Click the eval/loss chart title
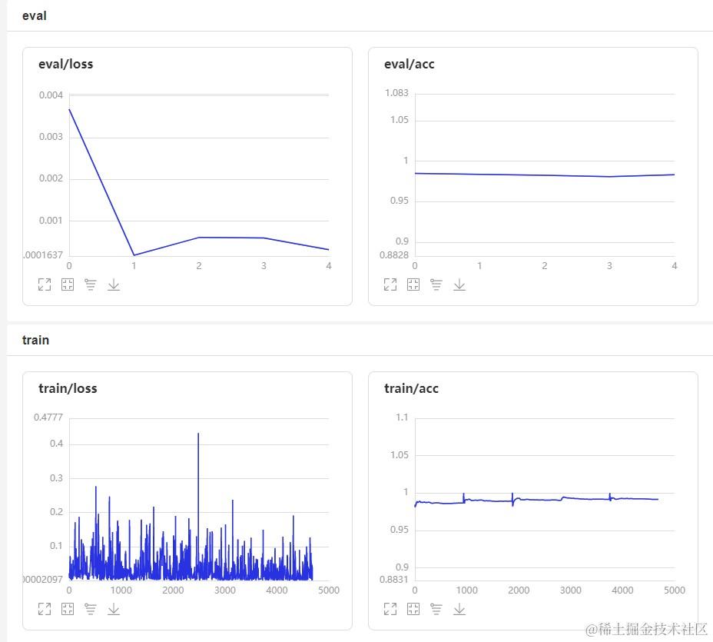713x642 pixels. [65, 64]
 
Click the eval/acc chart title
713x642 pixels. [409, 64]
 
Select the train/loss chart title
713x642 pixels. [68, 388]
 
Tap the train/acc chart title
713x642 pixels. [411, 388]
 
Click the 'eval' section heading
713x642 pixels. [34, 15]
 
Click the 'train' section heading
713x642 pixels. [35, 340]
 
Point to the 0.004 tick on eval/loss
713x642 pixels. [51, 95]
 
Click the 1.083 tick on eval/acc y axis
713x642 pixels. [396, 93]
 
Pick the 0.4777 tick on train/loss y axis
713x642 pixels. [48, 417]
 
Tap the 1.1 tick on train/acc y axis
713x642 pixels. [401, 417]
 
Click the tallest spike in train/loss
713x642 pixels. [198, 434]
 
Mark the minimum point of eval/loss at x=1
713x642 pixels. [134, 255]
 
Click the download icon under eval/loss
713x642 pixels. [114, 284]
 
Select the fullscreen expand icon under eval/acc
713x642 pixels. [390, 284]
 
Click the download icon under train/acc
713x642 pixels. [459, 609]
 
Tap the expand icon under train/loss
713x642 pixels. [45, 609]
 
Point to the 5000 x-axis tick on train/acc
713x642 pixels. [674, 590]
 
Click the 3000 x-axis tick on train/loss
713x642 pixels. [224, 590]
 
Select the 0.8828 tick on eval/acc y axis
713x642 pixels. [395, 254]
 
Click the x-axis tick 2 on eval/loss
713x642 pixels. [198, 266]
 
